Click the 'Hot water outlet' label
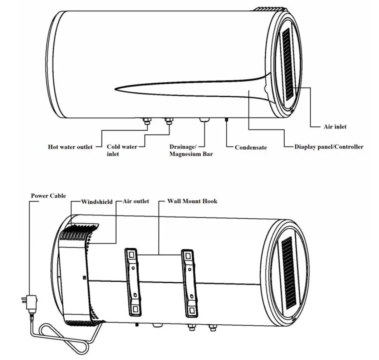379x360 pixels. coord(70,147)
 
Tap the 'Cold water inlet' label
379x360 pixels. coord(122,150)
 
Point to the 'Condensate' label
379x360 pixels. coord(251,147)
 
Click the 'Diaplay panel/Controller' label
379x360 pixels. coord(329,147)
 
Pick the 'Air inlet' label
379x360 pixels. coord(335,126)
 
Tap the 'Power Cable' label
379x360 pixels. coord(48,196)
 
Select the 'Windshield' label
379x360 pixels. coord(97,201)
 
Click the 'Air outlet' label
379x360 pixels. coord(136,201)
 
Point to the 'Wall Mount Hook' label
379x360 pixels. coord(192,201)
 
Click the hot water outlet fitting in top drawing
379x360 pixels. coord(146,122)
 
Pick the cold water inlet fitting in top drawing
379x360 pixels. coord(168,122)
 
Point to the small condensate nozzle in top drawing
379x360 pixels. coord(227,120)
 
